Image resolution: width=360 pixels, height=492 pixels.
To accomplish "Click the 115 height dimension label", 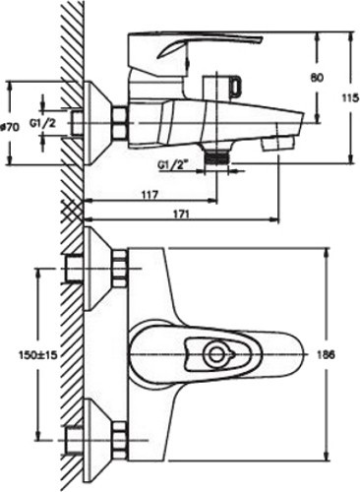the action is click(x=350, y=98).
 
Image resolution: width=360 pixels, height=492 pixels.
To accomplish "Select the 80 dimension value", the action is click(x=317, y=78).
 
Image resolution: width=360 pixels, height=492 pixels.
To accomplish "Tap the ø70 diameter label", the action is click(x=11, y=127).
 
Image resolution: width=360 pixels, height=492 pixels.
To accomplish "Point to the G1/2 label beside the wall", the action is click(x=43, y=123).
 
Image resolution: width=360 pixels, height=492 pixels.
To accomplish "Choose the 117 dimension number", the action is click(x=150, y=195).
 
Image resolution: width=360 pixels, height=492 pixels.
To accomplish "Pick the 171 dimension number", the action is click(x=180, y=215).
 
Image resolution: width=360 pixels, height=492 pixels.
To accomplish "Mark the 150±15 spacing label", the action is click(x=37, y=354).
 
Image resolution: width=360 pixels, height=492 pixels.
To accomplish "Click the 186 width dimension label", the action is click(x=326, y=354).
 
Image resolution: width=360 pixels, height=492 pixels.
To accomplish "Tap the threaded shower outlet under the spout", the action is click(x=216, y=155).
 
